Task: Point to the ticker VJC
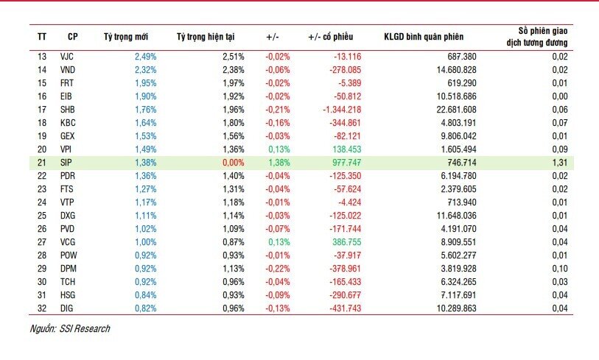(x=67, y=56)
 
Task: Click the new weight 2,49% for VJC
(x=145, y=56)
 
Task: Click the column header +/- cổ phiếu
(x=331, y=36)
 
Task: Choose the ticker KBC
(x=67, y=121)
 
